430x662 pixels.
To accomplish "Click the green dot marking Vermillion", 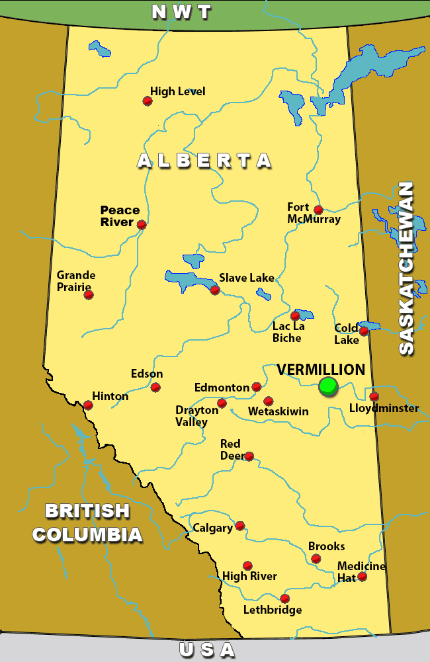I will pos(328,386).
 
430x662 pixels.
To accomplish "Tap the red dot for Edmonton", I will pos(257,387).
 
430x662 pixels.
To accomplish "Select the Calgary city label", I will pos(212,528).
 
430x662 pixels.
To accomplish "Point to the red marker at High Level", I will pos(148,101).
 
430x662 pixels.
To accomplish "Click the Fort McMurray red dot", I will pos(318,210).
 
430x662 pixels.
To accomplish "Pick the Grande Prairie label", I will pos(76,281).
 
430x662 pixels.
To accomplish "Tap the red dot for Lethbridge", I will pos(284,599).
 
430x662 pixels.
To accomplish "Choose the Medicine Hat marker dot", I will pos(362,577).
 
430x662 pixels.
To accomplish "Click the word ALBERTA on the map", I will pos(204,161).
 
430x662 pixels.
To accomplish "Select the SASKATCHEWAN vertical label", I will pos(406,268).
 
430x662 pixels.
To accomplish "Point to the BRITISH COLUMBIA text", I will pos(87,522).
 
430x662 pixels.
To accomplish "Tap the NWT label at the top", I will pos(181,12).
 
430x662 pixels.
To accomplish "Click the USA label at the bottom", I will pos(207,650).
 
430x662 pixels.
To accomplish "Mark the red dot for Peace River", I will pos(142,225).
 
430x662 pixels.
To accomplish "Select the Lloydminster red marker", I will pos(374,397).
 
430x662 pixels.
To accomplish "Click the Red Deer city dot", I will pos(249,456).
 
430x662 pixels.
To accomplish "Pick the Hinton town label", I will pos(110,396).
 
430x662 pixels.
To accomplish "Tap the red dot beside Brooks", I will pos(316,559).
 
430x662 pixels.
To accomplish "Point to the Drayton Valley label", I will pos(197,416).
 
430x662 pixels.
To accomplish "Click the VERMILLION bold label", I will pos(321,370).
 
